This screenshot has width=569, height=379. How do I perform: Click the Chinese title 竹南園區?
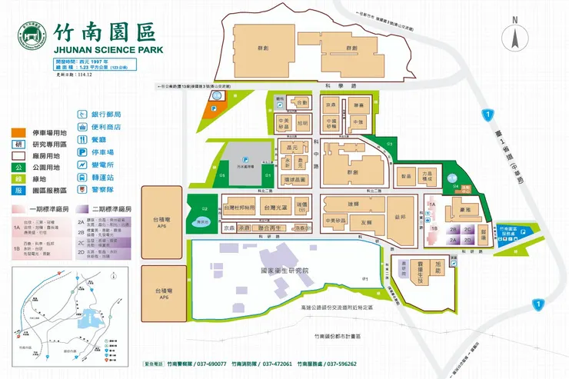(104, 32)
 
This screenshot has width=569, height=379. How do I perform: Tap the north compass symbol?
(514, 37)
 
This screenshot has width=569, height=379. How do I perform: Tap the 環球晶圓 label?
(294, 179)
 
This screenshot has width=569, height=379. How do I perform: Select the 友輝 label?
(355, 224)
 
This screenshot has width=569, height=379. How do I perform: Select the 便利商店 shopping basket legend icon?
(82, 127)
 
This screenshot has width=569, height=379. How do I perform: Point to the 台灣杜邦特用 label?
(238, 208)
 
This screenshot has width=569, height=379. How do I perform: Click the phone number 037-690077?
(208, 363)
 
